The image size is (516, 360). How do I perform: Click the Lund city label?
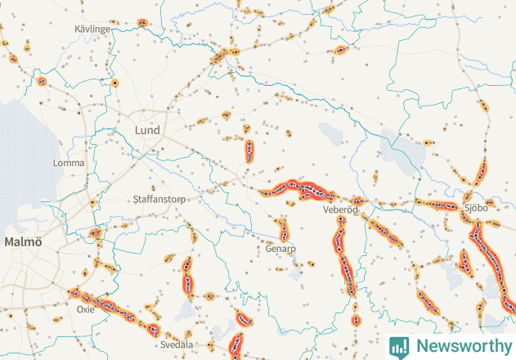click(147, 130)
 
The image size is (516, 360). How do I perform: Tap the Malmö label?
click(22, 242)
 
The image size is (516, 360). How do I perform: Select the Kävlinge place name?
click(92, 29)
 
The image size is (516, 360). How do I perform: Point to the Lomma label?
click(68, 163)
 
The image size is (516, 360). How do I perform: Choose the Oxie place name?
click(85, 310)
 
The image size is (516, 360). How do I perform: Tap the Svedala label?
click(177, 344)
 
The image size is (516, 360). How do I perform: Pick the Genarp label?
click(280, 249)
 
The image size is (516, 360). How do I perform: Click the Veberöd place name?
click(341, 210)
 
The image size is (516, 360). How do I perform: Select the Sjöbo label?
click(475, 208)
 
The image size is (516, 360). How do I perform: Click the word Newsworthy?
click(460, 345)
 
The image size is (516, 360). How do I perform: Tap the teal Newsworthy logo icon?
click(399, 346)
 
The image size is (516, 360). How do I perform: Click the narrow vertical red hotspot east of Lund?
click(249, 151)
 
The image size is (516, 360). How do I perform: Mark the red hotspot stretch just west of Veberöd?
click(299, 190)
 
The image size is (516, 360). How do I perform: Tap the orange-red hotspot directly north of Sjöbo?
click(482, 172)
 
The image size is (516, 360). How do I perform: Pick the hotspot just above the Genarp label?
click(282, 229)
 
